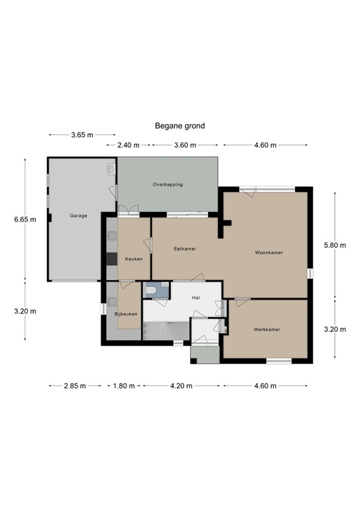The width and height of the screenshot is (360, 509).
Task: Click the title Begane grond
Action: (x=180, y=125)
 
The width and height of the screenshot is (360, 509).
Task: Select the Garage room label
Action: (x=79, y=216)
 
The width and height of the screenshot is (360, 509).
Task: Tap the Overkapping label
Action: (x=167, y=184)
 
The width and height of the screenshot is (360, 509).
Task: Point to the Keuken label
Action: (x=134, y=258)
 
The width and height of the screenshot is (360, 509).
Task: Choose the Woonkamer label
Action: (x=269, y=253)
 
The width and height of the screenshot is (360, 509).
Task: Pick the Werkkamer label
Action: (x=266, y=329)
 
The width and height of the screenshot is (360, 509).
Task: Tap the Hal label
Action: (x=196, y=298)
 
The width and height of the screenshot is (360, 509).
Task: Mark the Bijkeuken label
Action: (x=126, y=313)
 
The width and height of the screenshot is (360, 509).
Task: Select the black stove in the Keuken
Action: (x=112, y=258)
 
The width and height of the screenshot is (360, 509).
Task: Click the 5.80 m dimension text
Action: (x=334, y=245)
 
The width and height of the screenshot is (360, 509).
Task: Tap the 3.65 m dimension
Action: (x=82, y=135)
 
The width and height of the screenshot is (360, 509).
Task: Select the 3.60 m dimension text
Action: (x=185, y=145)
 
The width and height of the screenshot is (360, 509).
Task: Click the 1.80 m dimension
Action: (x=123, y=386)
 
